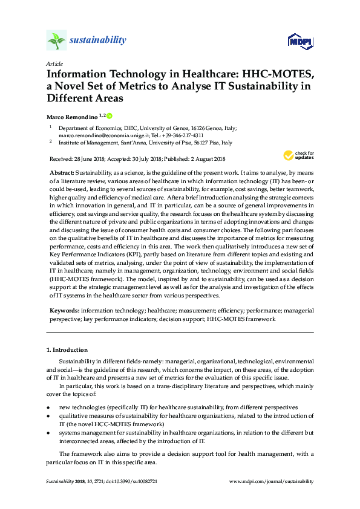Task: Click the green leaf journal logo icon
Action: (56, 41)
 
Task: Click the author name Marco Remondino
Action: (71, 115)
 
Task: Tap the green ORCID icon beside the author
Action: (110, 115)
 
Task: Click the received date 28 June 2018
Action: (87, 159)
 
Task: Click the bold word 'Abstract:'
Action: (62, 172)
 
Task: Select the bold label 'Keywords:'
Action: (64, 310)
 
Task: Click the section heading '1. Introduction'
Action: (67, 349)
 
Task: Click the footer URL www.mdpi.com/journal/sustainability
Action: (272, 481)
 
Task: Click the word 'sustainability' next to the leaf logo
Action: (98, 41)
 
